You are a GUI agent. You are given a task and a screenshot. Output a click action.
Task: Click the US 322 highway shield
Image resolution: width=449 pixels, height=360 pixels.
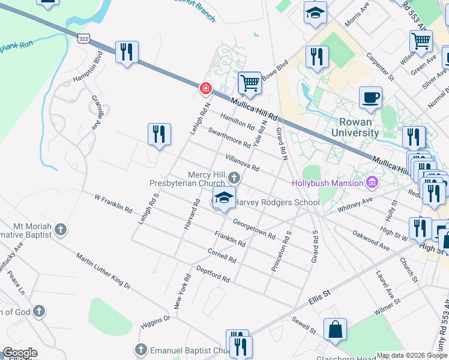(x=83, y=38)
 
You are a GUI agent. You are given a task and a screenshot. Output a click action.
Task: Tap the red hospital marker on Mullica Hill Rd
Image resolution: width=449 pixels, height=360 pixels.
(x=205, y=89)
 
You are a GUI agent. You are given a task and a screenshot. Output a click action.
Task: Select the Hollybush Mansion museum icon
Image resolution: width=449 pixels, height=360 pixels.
(x=372, y=182)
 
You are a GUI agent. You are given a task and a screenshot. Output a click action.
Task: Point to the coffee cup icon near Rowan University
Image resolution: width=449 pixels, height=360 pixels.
(x=370, y=98)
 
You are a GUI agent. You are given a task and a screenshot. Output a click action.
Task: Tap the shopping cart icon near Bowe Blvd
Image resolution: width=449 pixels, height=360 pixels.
(x=249, y=83)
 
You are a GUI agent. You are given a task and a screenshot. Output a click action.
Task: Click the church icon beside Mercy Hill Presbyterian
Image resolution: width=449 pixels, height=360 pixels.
(x=234, y=178)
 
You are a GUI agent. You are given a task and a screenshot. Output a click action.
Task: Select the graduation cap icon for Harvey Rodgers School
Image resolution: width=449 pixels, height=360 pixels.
(x=224, y=197)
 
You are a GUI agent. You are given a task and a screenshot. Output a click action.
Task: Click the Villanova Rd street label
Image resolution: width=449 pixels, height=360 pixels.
(x=242, y=162)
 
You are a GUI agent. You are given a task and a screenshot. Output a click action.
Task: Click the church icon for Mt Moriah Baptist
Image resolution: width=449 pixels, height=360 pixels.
(x=60, y=229)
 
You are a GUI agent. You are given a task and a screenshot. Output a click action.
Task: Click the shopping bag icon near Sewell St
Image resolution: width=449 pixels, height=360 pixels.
(x=335, y=329)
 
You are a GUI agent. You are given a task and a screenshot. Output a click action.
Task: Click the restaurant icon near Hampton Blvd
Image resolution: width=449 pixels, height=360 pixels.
(x=127, y=52)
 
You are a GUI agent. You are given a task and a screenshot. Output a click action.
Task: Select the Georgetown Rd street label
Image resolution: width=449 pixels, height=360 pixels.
(x=254, y=229)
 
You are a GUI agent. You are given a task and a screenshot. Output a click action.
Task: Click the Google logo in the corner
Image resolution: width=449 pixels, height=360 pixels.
(x=20, y=353)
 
